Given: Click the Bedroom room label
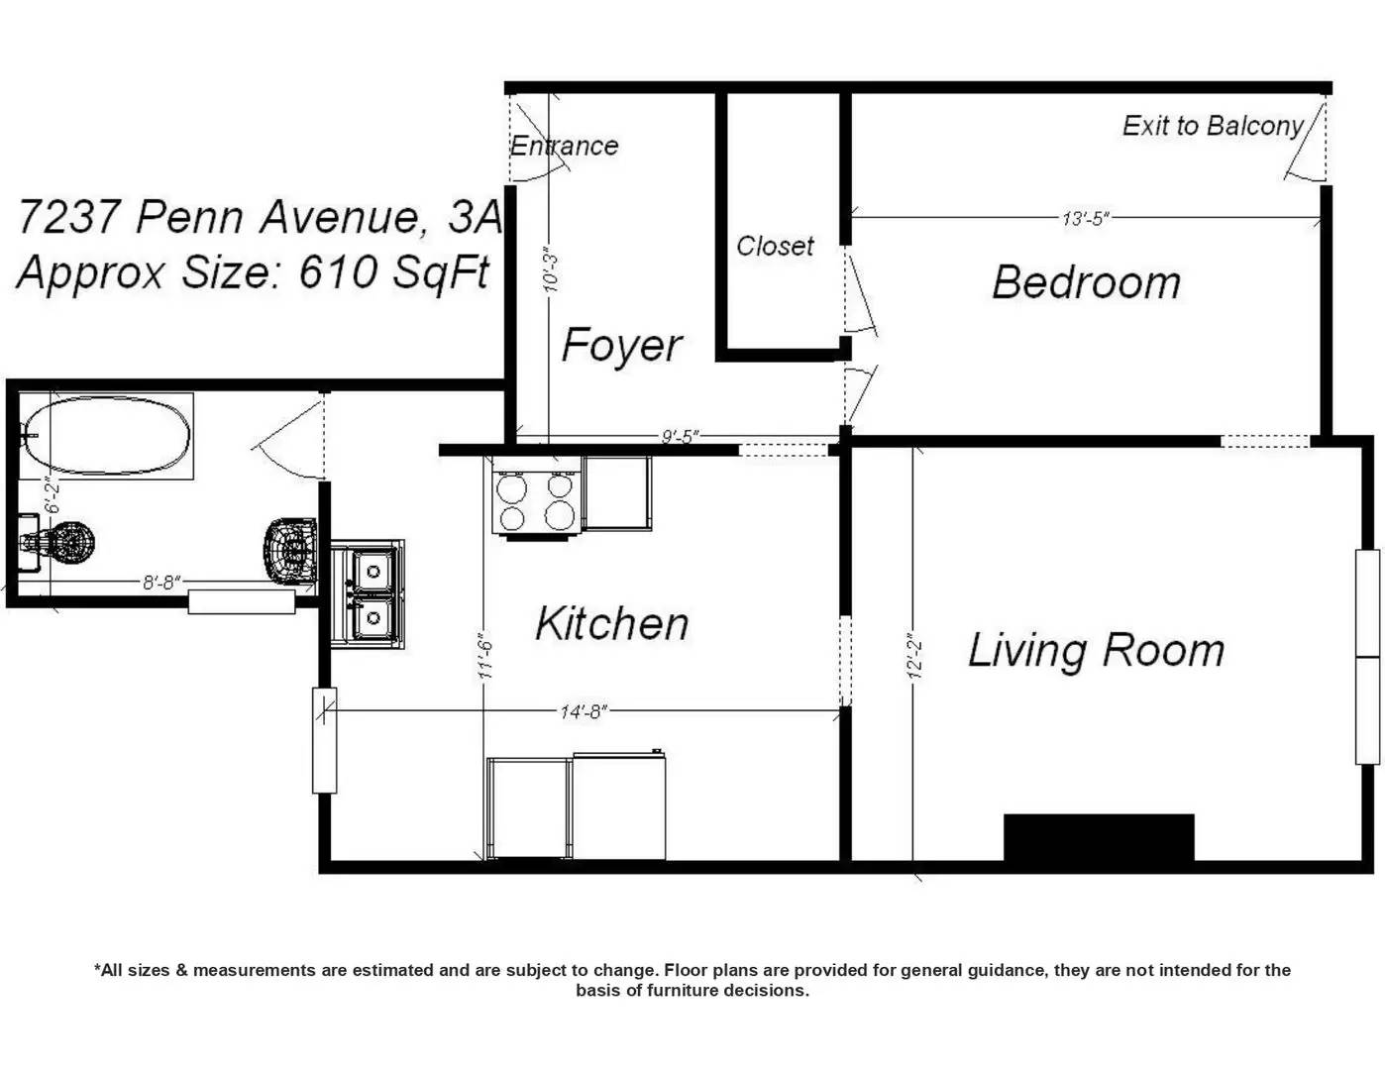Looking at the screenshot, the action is coord(1086,282).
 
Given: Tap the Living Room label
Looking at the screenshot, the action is coord(1097,651).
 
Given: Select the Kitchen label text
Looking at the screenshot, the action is coord(612,623).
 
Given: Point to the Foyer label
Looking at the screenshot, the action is coord(621,346).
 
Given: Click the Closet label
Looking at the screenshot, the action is coord(775,246).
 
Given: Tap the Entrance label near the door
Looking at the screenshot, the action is coord(564,146).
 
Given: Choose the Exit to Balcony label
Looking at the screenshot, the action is coord(1213,126).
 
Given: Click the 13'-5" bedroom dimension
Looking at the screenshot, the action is coord(1086,219).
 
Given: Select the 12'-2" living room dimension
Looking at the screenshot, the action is coord(915,656).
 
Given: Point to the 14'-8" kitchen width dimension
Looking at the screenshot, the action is coord(584,711).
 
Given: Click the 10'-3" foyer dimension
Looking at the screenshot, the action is coord(551,269).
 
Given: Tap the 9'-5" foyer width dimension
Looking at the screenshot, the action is coord(680,437).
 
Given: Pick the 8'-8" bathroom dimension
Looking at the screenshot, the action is coord(161,583).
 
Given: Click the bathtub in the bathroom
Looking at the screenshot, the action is coord(106,436).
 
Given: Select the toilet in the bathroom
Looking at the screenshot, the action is coord(57,545).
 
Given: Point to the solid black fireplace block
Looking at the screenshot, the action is coord(1099,837).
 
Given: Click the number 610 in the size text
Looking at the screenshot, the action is coord(337,272).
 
